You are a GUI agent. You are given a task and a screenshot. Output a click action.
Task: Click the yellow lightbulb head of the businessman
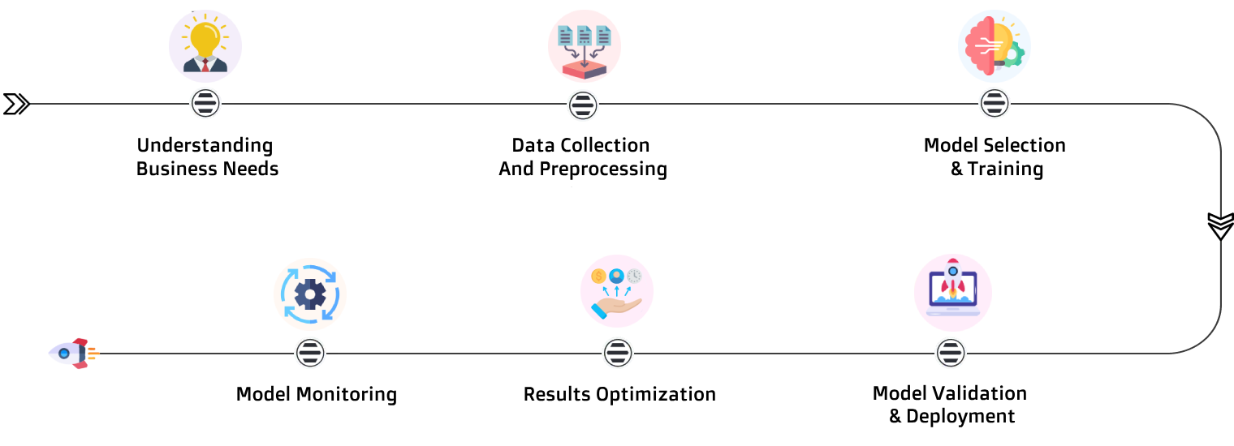pyautogui.click(x=205, y=37)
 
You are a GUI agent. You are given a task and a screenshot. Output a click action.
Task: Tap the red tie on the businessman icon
pyautogui.click(x=205, y=66)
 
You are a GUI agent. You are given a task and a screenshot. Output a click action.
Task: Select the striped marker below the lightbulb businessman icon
pyautogui.click(x=205, y=104)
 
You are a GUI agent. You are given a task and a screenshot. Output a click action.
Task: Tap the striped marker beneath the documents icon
pyautogui.click(x=583, y=105)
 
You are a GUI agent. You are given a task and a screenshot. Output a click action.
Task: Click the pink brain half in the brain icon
pyautogui.click(x=980, y=47)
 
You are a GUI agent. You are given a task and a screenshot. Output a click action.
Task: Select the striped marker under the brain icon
pyautogui.click(x=995, y=104)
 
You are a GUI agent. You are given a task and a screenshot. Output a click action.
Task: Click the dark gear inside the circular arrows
pyautogui.click(x=310, y=294)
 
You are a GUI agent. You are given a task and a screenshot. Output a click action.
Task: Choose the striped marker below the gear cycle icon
pyautogui.click(x=310, y=353)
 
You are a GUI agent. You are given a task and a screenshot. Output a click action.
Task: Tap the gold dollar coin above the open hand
pyautogui.click(x=599, y=277)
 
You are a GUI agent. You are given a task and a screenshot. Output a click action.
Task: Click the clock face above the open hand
pyautogui.click(x=634, y=276)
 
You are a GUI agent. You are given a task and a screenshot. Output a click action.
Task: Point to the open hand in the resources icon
pyautogui.click(x=617, y=307)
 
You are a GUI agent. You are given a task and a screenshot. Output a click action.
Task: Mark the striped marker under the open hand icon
pyautogui.click(x=618, y=353)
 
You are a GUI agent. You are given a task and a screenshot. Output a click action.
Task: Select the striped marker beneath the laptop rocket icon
pyautogui.click(x=951, y=354)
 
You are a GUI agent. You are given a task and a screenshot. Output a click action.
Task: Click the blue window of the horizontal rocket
pyautogui.click(x=64, y=354)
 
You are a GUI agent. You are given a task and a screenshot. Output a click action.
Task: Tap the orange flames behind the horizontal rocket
pyautogui.click(x=93, y=354)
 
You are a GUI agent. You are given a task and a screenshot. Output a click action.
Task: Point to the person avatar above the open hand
pyautogui.click(x=616, y=276)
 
